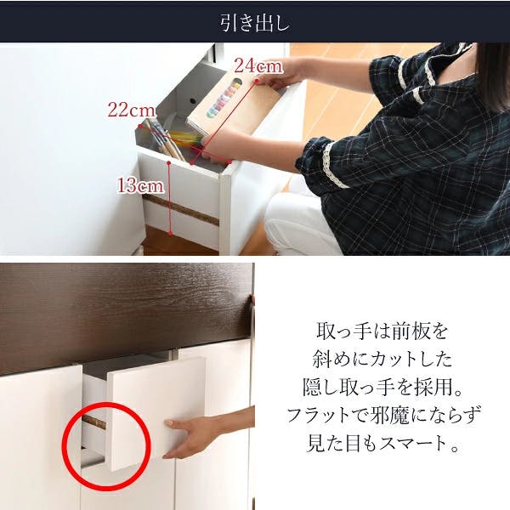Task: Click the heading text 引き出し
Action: click(255, 24)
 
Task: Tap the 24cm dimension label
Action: click(258, 66)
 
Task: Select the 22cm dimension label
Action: click(132, 110)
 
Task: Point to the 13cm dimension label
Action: click(140, 186)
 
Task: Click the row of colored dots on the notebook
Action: click(224, 98)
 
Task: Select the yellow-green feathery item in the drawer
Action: click(187, 139)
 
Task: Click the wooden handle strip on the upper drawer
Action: click(181, 209)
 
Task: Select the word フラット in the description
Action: click(319, 416)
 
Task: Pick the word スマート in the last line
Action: click(413, 444)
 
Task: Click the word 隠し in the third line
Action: click(321, 388)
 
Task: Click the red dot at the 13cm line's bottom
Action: click(171, 233)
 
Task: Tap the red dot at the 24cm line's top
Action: click(257, 82)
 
